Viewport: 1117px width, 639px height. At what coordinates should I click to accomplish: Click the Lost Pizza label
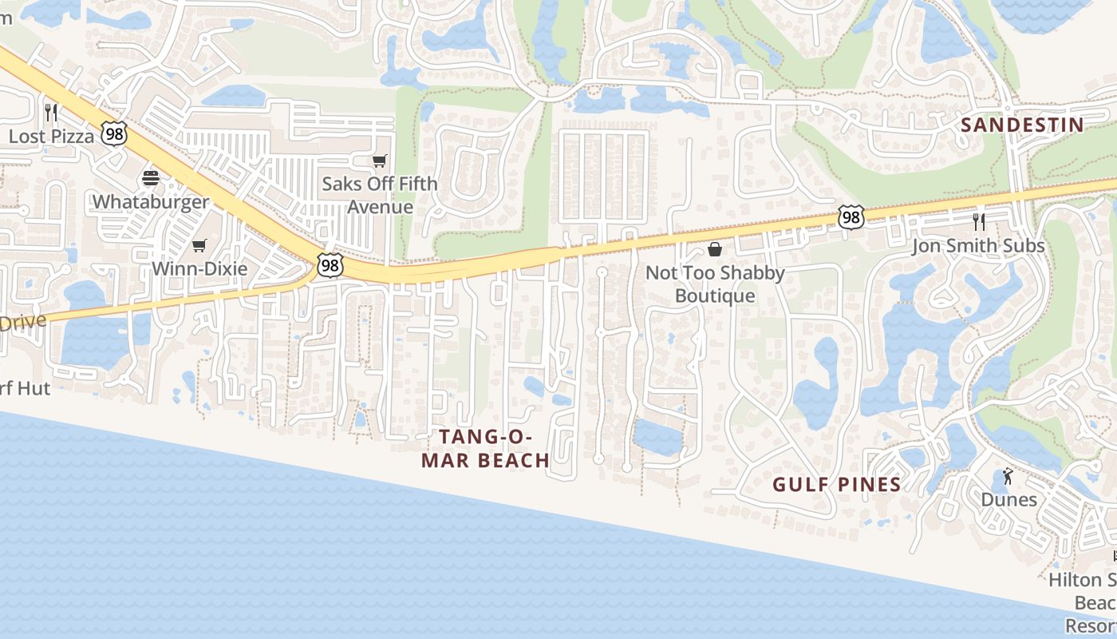(51, 136)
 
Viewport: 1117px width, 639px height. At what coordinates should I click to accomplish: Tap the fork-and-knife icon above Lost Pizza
(51, 112)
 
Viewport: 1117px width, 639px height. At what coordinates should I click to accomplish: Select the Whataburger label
(151, 201)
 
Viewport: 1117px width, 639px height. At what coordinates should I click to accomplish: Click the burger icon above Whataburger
(151, 178)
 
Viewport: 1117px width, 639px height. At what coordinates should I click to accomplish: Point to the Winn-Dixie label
(199, 268)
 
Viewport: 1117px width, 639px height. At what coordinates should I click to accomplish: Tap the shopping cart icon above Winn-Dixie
(199, 245)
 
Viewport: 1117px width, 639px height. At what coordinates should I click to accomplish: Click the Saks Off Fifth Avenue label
(380, 195)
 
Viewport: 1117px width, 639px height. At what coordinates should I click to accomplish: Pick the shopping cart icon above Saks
(380, 161)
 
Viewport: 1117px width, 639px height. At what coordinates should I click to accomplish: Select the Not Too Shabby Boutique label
(715, 284)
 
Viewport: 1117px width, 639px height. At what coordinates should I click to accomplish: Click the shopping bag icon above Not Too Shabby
(715, 249)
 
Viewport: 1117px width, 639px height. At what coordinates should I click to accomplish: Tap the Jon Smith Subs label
(978, 245)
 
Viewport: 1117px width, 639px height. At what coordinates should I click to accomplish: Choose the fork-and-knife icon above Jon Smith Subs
(979, 221)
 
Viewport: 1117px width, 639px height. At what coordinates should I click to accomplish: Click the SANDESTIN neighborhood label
(1022, 125)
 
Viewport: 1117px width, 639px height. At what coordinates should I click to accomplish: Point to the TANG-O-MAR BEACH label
(485, 448)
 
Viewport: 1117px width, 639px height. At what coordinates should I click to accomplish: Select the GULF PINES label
(836, 484)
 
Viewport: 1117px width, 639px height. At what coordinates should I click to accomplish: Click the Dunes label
(1008, 500)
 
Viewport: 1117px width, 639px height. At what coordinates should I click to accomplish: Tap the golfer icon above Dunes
(1008, 477)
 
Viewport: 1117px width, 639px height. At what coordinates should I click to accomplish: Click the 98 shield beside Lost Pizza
(115, 133)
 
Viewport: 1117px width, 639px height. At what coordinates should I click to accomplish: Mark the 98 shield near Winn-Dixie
(329, 265)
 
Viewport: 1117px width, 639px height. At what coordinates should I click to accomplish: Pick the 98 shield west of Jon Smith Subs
(851, 216)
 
